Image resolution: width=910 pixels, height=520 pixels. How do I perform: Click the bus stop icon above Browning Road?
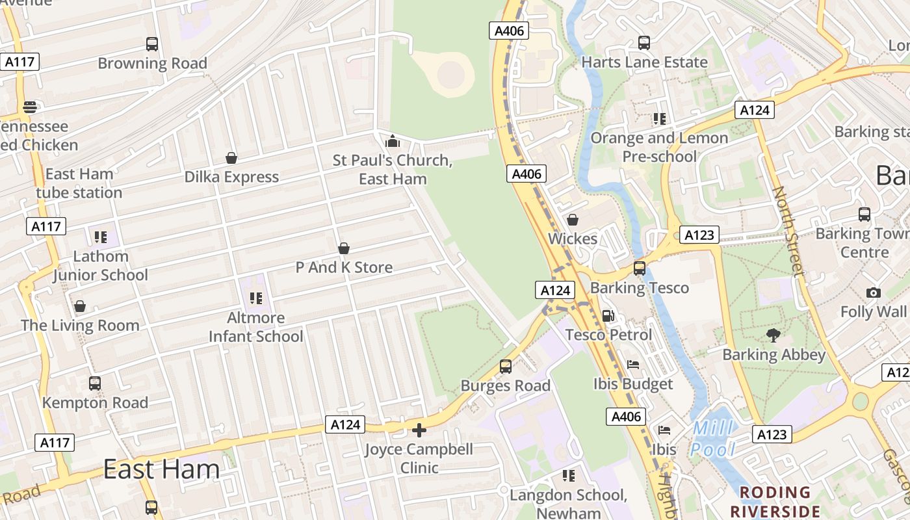(x=152, y=44)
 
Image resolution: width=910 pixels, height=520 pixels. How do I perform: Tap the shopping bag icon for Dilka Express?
(x=231, y=158)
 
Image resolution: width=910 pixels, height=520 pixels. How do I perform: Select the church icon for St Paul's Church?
(x=393, y=141)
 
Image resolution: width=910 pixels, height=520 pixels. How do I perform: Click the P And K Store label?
(x=344, y=267)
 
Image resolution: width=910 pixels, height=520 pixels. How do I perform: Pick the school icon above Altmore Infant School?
(x=255, y=298)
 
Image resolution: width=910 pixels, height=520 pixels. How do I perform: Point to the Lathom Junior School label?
(x=100, y=266)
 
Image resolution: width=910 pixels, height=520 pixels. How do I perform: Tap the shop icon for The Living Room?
(x=80, y=306)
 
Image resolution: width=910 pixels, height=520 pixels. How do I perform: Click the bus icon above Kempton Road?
(x=95, y=383)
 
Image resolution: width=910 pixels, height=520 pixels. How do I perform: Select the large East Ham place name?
(x=161, y=469)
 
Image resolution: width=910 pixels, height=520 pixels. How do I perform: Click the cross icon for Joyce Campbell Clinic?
(x=419, y=430)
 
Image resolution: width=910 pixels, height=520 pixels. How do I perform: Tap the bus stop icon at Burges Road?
(x=506, y=367)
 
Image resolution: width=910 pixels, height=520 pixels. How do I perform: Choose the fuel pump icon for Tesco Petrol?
(x=608, y=316)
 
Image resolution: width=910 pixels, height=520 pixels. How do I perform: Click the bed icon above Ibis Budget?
(x=633, y=365)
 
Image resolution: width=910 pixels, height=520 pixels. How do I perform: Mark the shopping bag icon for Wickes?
(x=573, y=220)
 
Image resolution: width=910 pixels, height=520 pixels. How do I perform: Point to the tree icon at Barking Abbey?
(x=773, y=335)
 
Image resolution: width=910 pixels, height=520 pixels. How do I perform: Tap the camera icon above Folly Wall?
(x=874, y=293)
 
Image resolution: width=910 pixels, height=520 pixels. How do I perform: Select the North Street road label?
(x=787, y=231)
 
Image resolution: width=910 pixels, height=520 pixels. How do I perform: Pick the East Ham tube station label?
(x=79, y=183)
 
